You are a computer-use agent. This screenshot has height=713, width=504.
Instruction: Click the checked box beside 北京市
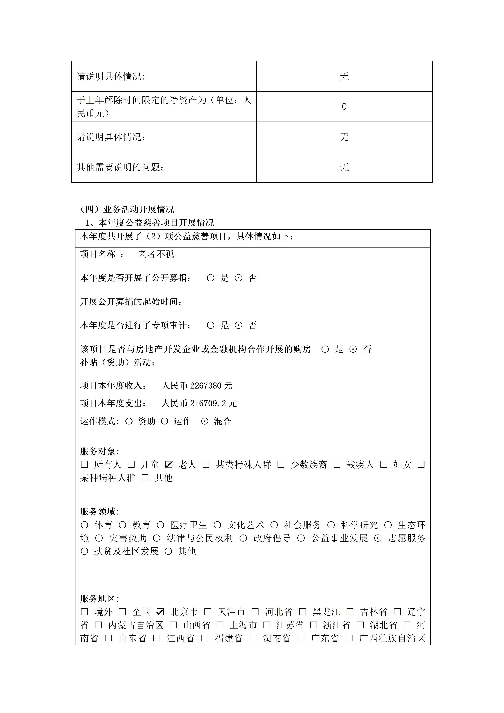coord(160,612)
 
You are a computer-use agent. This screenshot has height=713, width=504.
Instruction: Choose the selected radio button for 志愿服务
coord(378,538)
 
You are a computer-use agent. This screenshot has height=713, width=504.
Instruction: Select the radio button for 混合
coord(205,421)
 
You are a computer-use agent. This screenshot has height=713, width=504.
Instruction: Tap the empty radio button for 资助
coord(129,421)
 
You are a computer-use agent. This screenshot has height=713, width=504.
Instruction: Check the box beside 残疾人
coord(337,465)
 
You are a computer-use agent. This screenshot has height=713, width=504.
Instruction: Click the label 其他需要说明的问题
coord(120,167)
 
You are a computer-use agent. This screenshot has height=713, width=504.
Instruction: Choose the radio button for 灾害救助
coord(99,538)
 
